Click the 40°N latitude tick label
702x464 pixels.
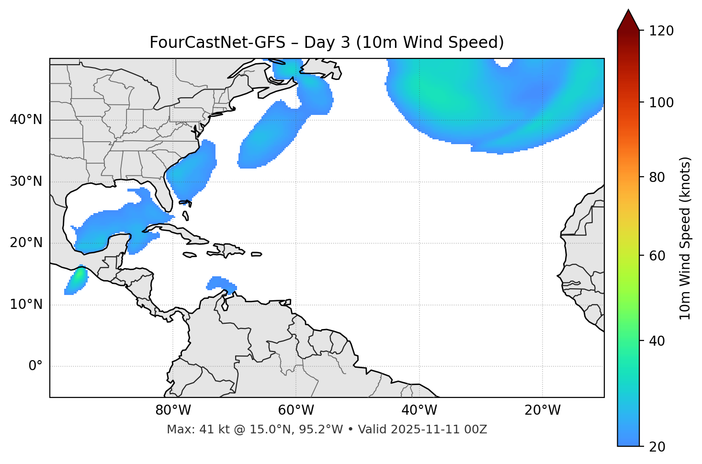point(26,120)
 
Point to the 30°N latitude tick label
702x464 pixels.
point(26,181)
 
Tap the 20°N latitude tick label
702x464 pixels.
point(26,243)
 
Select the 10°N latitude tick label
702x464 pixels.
point(26,305)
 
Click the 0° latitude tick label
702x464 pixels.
point(35,366)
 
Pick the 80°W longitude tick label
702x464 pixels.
point(173,410)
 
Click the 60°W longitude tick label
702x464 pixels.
point(296,410)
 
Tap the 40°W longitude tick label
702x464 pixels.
point(419,410)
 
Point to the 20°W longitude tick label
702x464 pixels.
point(542,410)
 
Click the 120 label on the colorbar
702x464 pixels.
point(662,31)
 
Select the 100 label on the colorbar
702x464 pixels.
point(662,102)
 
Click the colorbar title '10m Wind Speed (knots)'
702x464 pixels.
point(686,238)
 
